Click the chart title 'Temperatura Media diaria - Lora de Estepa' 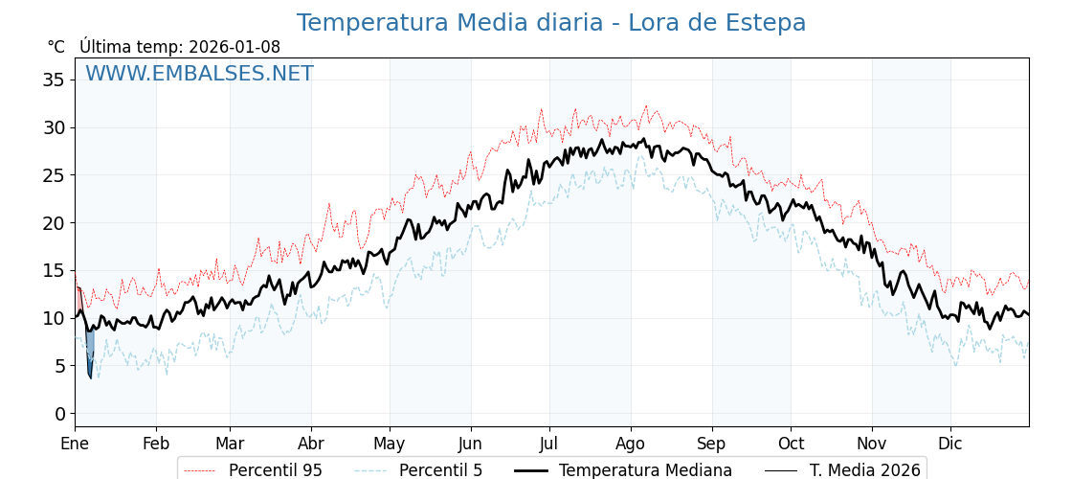coord(550,23)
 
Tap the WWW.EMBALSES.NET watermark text coord(199,74)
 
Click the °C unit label coord(56,47)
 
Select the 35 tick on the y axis coord(54,80)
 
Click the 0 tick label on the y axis coord(59,414)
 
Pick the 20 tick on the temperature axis coord(54,222)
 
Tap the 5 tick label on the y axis coord(59,366)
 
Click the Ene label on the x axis coord(75,444)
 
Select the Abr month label coord(311,444)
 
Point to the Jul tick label coord(549,444)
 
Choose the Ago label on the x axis coord(631,444)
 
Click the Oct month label coord(791,444)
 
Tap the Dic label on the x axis coord(950,444)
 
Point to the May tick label coord(390,444)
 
